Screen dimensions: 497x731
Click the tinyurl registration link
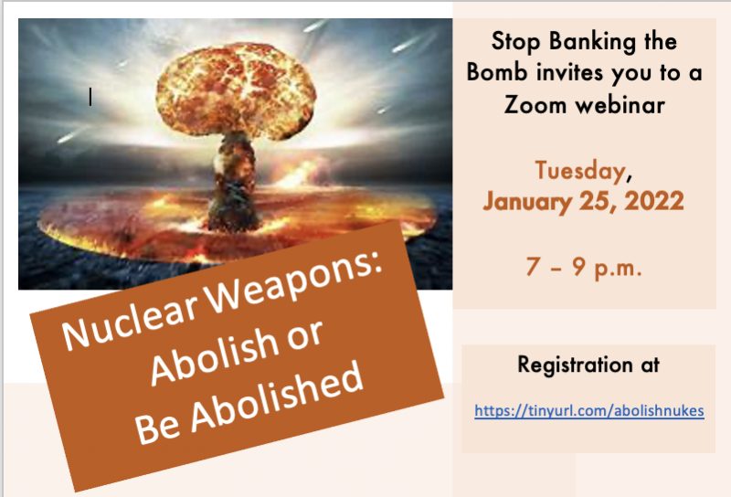click(x=588, y=410)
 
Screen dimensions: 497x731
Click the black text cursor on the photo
click(x=90, y=96)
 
